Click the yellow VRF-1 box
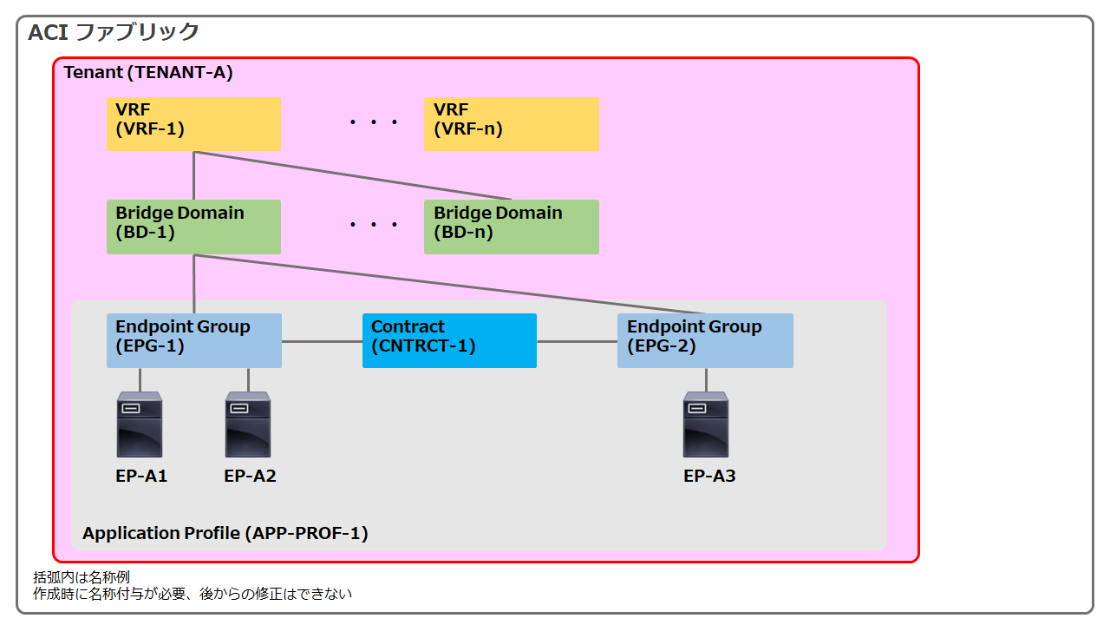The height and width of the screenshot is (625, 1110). click(x=193, y=124)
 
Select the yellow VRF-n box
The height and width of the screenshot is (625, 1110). click(x=512, y=124)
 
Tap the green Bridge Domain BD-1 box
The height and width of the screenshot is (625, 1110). click(x=193, y=227)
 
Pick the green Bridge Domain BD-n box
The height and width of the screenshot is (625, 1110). click(x=512, y=227)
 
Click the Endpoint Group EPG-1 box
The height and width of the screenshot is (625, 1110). click(x=194, y=341)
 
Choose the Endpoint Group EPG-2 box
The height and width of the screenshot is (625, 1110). click(x=705, y=341)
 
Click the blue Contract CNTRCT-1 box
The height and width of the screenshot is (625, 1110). click(x=449, y=341)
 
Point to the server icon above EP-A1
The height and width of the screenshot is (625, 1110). click(x=140, y=424)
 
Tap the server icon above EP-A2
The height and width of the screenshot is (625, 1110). click(x=248, y=424)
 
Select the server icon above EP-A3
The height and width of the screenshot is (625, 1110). click(x=706, y=424)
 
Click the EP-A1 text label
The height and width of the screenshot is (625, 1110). click(x=141, y=477)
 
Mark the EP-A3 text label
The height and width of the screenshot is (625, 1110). click(x=709, y=477)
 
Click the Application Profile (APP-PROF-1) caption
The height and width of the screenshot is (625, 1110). click(x=225, y=533)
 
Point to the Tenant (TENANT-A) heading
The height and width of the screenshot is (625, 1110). click(x=148, y=72)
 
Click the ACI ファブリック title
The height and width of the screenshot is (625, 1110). click(x=114, y=32)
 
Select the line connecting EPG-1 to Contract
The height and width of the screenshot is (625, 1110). click(x=322, y=341)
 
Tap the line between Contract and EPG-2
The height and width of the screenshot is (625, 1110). click(x=578, y=341)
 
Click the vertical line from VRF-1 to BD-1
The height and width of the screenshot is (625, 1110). click(x=193, y=175)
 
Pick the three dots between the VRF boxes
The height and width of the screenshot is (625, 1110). click(x=374, y=122)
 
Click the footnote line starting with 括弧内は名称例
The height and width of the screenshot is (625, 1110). click(x=82, y=577)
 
